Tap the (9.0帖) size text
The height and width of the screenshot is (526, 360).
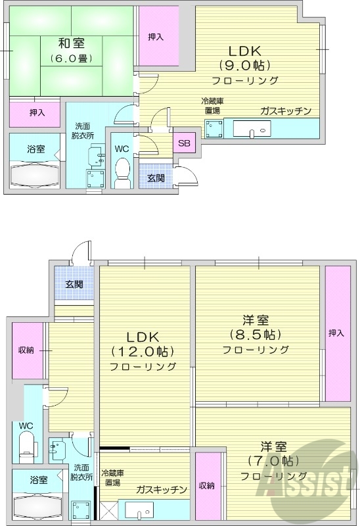pyautogui.click(x=245, y=65)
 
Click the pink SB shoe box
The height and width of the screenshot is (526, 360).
pyautogui.click(x=185, y=143)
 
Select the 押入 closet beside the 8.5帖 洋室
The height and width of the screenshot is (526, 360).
pyautogui.click(x=336, y=333)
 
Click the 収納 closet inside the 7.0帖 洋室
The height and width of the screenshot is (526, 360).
pyautogui.click(x=207, y=485)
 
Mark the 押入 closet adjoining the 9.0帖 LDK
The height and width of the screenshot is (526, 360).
pyautogui.click(x=156, y=36)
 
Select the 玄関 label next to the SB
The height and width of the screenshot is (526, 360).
pyautogui.click(x=156, y=178)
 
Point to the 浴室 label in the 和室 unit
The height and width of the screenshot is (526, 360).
pyautogui.click(x=36, y=149)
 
